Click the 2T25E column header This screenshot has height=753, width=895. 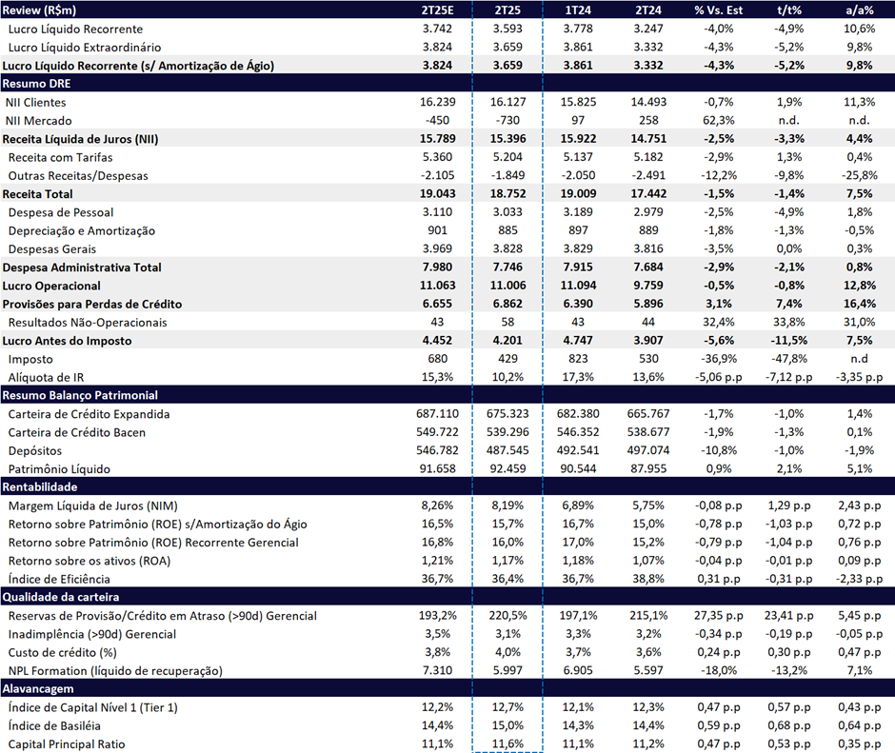(x=437, y=10)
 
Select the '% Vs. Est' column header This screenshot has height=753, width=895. (x=719, y=10)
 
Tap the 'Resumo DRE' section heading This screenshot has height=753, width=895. (x=36, y=84)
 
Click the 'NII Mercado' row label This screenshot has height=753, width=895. (x=39, y=121)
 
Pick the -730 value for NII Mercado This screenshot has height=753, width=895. (x=507, y=121)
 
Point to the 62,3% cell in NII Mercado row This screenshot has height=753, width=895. (x=719, y=121)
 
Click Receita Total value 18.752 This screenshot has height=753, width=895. (x=507, y=193)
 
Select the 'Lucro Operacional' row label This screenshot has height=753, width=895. (x=51, y=286)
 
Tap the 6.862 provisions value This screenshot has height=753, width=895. (x=507, y=304)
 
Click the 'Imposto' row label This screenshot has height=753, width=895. (x=30, y=359)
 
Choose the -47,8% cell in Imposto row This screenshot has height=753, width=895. (x=788, y=359)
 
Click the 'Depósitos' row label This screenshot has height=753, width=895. (x=35, y=451)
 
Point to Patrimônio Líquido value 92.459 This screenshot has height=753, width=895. (x=507, y=468)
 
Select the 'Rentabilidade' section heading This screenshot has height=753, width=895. (x=40, y=487)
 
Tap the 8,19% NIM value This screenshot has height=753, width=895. (x=507, y=505)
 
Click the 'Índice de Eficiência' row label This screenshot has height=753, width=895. (x=59, y=579)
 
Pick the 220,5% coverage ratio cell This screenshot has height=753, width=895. (x=507, y=615)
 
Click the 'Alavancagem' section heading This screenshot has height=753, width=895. (x=38, y=688)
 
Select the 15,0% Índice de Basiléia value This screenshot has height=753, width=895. (x=507, y=725)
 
